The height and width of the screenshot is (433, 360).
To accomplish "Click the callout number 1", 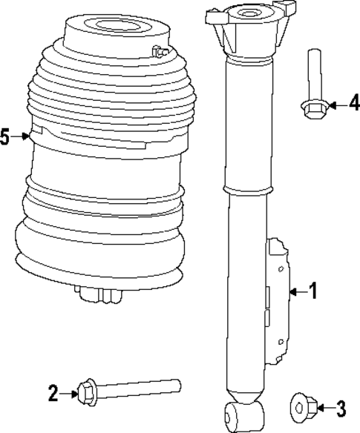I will [313, 292].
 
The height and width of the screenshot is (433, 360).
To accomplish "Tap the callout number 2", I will [53, 394].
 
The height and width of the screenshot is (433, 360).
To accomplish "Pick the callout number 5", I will [6, 136].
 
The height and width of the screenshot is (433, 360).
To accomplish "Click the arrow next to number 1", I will [296, 292].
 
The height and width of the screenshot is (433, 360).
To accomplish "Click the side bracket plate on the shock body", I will [276, 300].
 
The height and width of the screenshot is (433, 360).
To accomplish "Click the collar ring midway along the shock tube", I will [245, 192].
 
